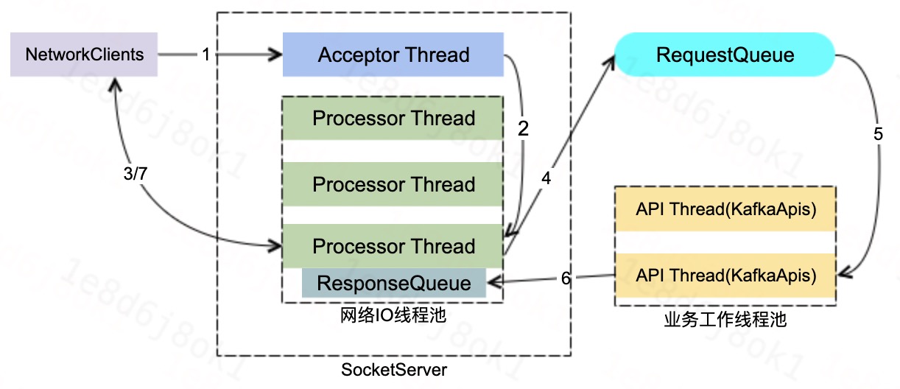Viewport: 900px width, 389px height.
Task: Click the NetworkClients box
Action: coord(84,55)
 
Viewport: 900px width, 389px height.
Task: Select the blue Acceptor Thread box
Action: coord(393,55)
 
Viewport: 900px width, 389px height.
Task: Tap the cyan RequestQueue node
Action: coord(725,55)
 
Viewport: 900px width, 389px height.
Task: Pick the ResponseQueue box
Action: coord(393,283)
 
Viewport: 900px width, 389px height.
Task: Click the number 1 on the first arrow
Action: coord(206,55)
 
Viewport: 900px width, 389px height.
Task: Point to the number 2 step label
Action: coord(524,130)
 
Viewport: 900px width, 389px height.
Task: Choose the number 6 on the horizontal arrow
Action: coord(566,278)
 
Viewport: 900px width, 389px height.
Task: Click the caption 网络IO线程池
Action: coord(393,315)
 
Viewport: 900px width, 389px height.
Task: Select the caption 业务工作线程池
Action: coord(725,320)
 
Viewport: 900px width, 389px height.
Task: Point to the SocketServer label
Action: coord(393,369)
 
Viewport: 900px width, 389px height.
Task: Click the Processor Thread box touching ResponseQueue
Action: coord(393,246)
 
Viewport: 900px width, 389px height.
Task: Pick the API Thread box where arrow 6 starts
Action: coord(725,276)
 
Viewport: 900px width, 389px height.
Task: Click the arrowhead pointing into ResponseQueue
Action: coord(494,281)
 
